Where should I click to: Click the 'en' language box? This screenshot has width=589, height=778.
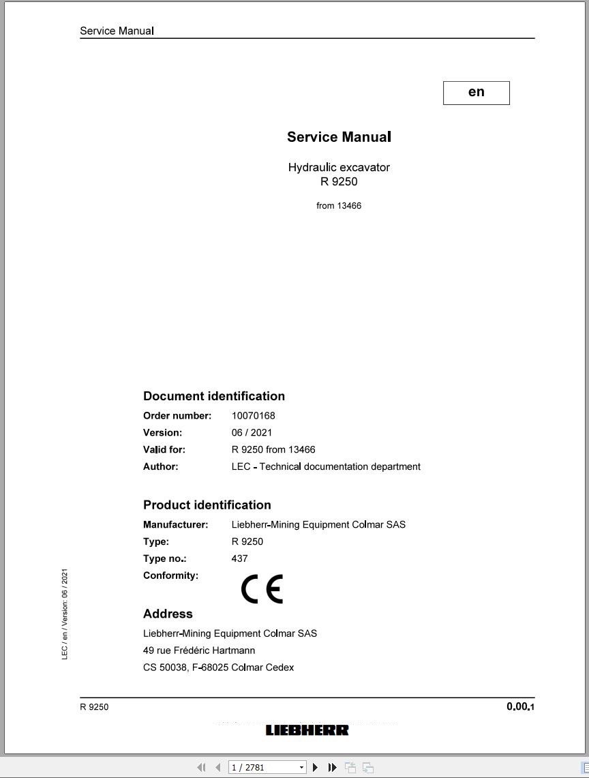pyautogui.click(x=476, y=93)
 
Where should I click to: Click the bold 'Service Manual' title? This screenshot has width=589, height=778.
pyautogui.click(x=339, y=137)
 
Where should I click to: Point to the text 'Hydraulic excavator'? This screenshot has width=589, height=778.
pyautogui.click(x=339, y=167)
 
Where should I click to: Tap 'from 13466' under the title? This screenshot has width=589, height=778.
pyautogui.click(x=339, y=205)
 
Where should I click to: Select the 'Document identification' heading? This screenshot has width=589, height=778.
pyautogui.click(x=214, y=396)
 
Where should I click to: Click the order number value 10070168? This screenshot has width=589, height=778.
pyautogui.click(x=254, y=415)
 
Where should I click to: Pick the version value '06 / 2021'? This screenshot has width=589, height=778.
pyautogui.click(x=252, y=432)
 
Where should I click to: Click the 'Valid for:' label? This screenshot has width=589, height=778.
pyautogui.click(x=164, y=449)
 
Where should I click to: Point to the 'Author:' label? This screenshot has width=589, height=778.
pyautogui.click(x=161, y=466)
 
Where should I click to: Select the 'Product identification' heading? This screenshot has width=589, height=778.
pyautogui.click(x=207, y=505)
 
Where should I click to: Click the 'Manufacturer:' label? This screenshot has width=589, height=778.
pyautogui.click(x=175, y=524)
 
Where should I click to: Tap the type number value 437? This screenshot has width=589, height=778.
pyautogui.click(x=240, y=558)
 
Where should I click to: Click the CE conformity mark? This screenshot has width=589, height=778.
pyautogui.click(x=262, y=589)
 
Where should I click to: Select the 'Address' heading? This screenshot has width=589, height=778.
pyautogui.click(x=168, y=614)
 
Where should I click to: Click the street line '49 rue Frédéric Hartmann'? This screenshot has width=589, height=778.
pyautogui.click(x=199, y=650)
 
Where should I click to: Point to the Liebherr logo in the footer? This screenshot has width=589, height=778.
pyautogui.click(x=307, y=730)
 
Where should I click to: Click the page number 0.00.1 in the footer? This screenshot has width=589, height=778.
pyautogui.click(x=520, y=706)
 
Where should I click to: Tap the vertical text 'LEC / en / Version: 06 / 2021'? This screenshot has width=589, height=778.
pyautogui.click(x=65, y=614)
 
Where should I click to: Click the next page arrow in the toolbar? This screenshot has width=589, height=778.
pyautogui.click(x=315, y=767)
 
